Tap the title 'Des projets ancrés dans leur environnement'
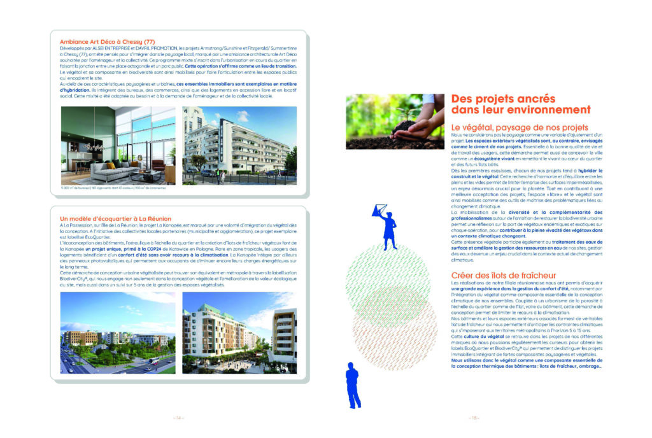(502, 104)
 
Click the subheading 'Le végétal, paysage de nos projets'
(519, 127)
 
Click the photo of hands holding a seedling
(394, 121)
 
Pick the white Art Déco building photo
(239, 145)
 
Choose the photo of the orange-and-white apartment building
(239, 333)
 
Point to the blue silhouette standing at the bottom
(352, 385)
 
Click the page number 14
(178, 418)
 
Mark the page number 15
(474, 418)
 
